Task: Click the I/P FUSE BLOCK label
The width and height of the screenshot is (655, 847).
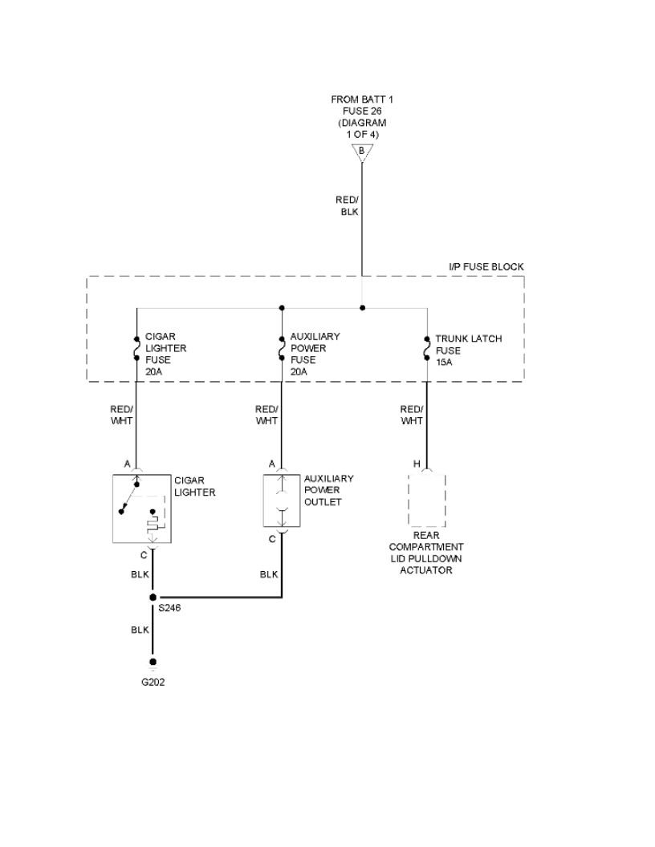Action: pyautogui.click(x=486, y=266)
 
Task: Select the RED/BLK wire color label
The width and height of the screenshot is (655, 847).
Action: pyautogui.click(x=348, y=205)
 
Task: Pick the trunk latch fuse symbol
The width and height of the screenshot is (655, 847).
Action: pyautogui.click(x=426, y=350)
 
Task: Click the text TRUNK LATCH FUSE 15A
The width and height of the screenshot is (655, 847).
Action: pyautogui.click(x=468, y=351)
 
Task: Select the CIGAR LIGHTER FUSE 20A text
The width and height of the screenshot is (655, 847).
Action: pyautogui.click(x=165, y=354)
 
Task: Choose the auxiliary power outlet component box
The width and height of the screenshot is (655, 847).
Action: pyautogui.click(x=282, y=500)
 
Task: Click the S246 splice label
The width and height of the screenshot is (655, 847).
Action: pyautogui.click(x=169, y=608)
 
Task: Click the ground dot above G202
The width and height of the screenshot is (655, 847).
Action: pyautogui.click(x=153, y=662)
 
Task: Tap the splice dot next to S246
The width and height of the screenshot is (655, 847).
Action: pyautogui.click(x=153, y=598)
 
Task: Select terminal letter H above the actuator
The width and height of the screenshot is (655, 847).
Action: pyautogui.click(x=416, y=464)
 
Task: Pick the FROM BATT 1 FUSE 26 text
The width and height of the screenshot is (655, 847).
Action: pyautogui.click(x=362, y=116)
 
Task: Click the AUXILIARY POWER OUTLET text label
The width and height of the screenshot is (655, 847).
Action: pyautogui.click(x=328, y=490)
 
